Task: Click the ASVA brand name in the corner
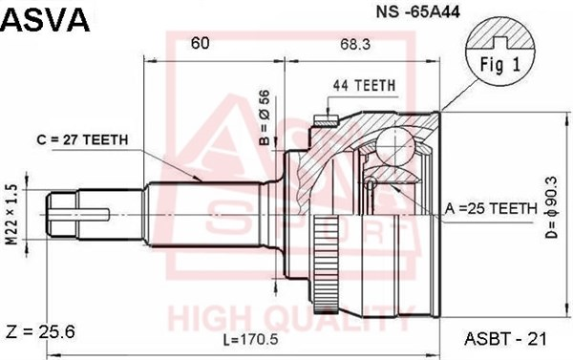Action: point(45,20)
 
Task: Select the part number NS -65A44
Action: point(418,12)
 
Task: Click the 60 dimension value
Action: point(201,43)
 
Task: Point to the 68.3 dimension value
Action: point(355,45)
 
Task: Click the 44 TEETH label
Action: point(364,86)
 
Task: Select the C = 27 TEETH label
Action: point(82,139)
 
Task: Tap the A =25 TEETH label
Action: point(491,209)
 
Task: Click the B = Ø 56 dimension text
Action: point(264,117)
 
